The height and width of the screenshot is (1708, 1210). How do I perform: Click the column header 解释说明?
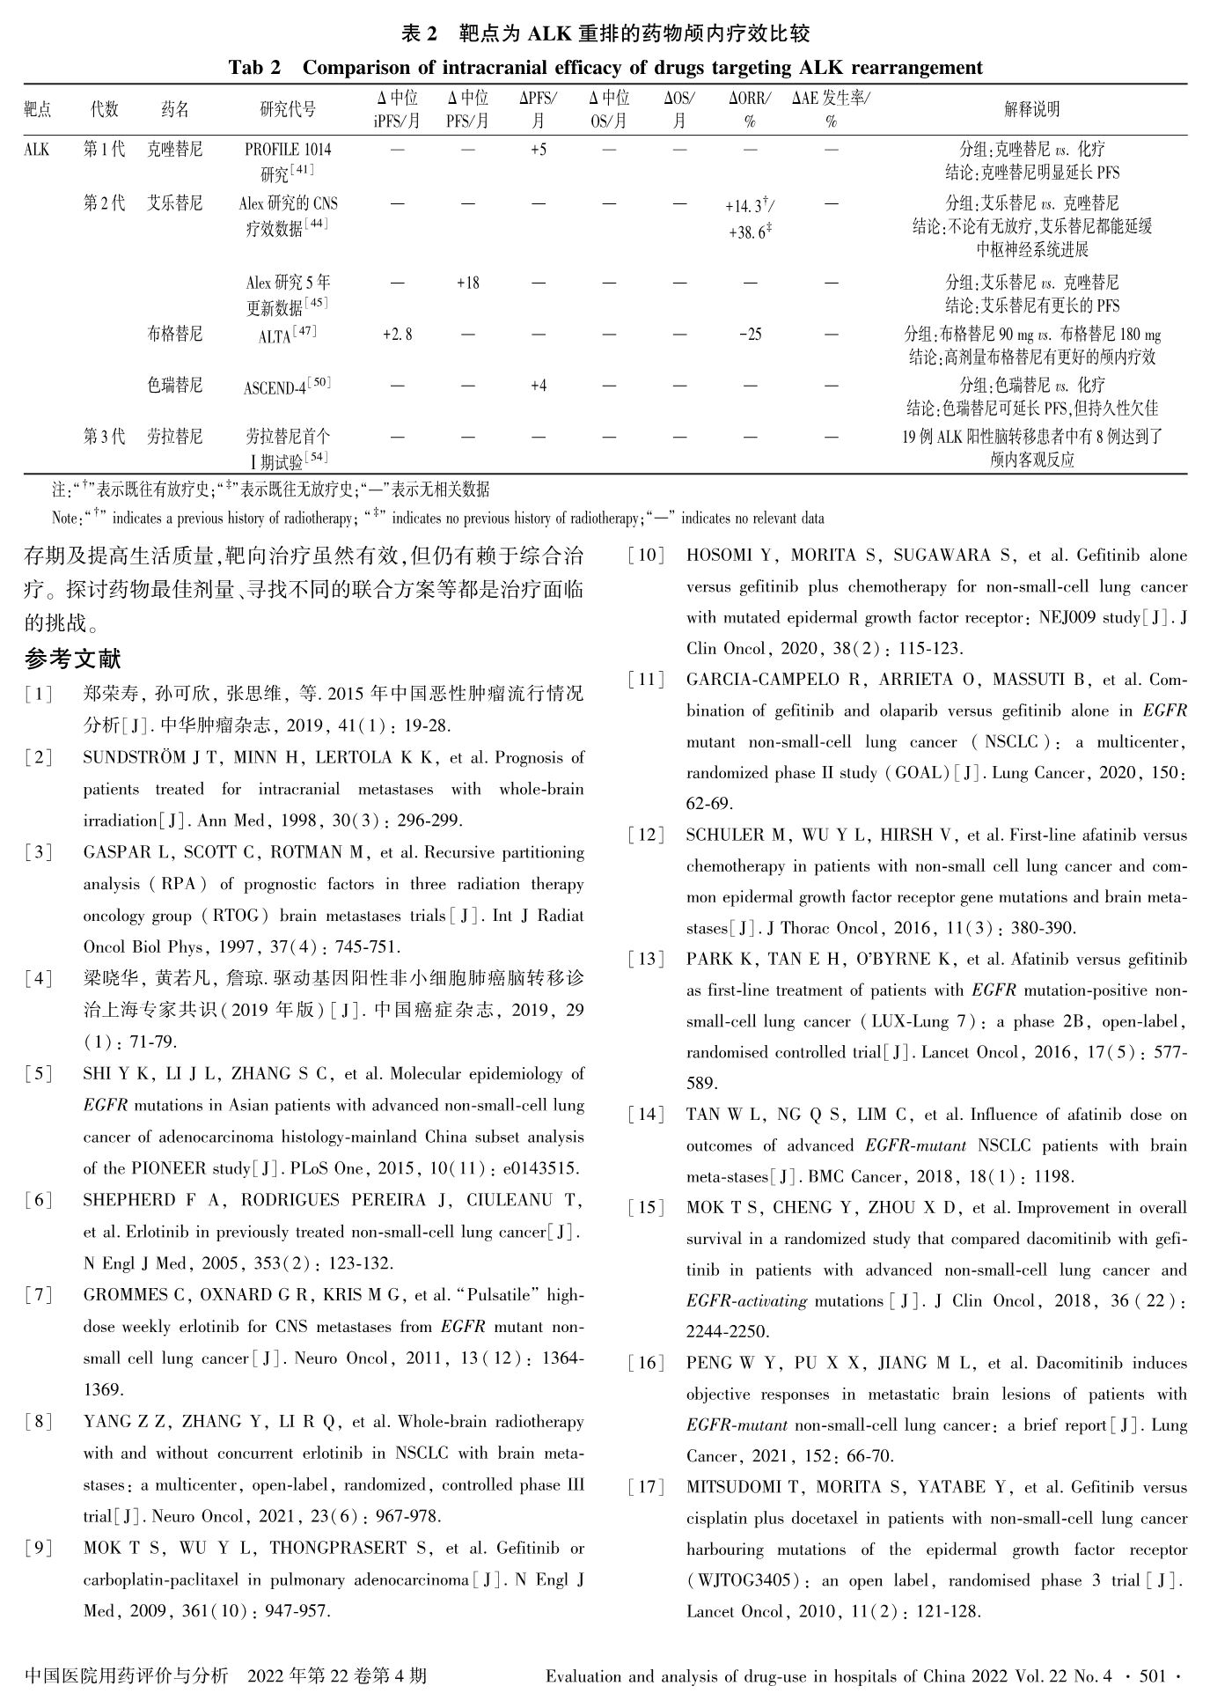tap(1031, 110)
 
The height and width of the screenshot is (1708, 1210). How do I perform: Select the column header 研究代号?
tap(288, 110)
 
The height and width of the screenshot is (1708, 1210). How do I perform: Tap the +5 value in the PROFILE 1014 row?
tap(538, 150)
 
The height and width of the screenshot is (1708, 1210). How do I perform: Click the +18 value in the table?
tap(467, 283)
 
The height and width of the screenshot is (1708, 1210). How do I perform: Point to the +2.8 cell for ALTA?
tap(397, 335)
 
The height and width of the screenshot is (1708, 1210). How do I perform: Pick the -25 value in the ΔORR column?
tap(750, 335)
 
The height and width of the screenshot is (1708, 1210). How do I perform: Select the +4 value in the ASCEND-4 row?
tap(538, 386)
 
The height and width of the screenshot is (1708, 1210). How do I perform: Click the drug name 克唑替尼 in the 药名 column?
tap(174, 150)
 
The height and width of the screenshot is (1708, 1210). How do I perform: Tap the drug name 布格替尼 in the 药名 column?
tap(174, 335)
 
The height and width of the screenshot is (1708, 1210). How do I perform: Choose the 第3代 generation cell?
tap(104, 437)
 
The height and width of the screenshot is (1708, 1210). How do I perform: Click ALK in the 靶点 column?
tap(37, 150)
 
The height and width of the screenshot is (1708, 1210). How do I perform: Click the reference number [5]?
tap(38, 1074)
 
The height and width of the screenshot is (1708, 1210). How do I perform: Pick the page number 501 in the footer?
tap(1151, 1676)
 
